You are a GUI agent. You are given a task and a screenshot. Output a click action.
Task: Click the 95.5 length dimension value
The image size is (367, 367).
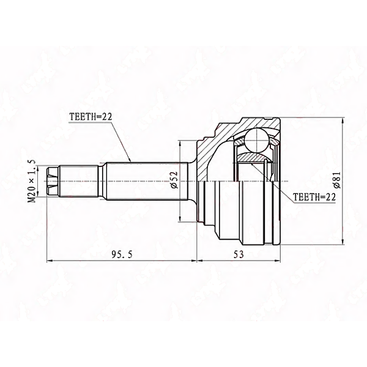click(122, 254)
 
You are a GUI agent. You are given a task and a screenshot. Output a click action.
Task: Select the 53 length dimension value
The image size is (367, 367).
click(239, 254)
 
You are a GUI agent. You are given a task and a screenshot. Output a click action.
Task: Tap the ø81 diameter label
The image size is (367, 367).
click(337, 179)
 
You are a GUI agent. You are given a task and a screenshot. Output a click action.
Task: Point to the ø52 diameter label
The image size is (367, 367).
click(175, 180)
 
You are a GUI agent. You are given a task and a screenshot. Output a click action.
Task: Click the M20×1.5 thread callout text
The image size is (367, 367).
click(32, 181)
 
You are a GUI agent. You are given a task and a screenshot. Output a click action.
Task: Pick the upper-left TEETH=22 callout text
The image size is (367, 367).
click(91, 117)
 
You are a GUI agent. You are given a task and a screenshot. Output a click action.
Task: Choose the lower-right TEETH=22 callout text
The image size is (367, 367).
click(314, 197)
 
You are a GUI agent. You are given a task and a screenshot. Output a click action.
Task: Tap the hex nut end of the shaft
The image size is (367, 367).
click(53, 181)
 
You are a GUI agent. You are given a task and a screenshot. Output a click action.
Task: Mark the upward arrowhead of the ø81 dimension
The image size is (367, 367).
click(343, 121)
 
